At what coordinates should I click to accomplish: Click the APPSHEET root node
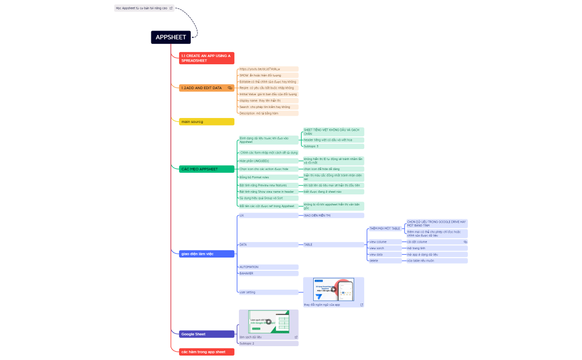(x=171, y=37)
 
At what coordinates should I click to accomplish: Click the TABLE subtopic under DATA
(x=332, y=244)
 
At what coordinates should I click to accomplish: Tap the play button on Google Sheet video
(x=269, y=322)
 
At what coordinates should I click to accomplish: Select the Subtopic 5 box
(x=333, y=146)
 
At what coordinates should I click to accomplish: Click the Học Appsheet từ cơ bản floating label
(x=144, y=8)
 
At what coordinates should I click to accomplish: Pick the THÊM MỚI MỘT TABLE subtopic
(x=385, y=228)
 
